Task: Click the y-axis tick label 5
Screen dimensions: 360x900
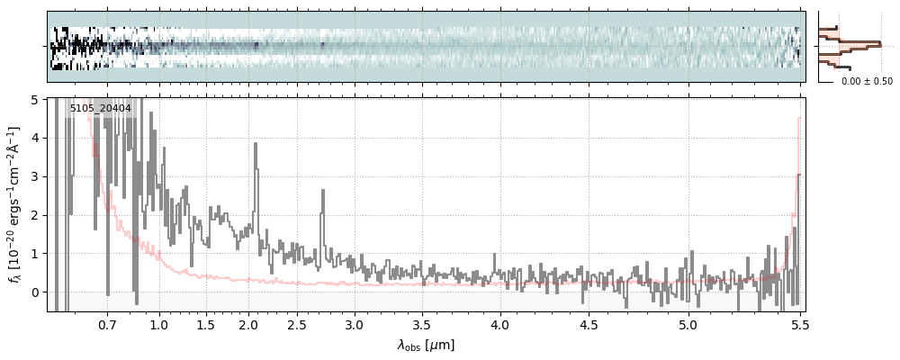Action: click(x=35, y=100)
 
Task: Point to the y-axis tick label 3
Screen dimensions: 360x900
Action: click(x=35, y=176)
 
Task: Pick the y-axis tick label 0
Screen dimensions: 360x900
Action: click(x=35, y=292)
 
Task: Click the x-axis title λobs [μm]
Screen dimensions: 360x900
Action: click(x=426, y=345)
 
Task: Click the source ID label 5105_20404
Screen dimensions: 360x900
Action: click(x=101, y=109)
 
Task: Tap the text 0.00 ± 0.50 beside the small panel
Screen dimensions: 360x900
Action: click(x=867, y=81)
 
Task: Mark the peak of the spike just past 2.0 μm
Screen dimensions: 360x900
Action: click(x=258, y=142)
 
